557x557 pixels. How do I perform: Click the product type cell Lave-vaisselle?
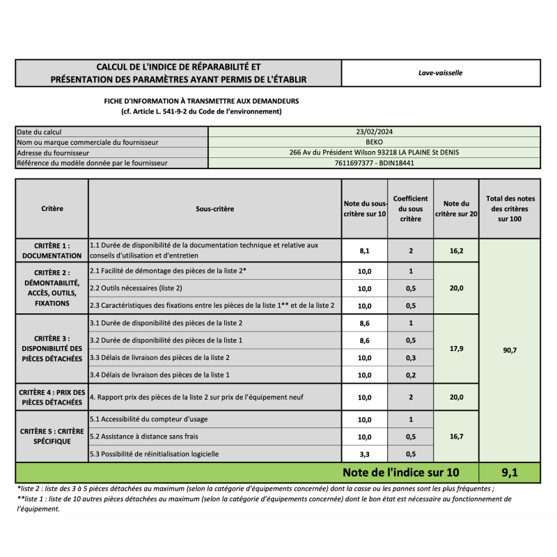pos(440,72)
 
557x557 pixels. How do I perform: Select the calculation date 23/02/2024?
pos(374,132)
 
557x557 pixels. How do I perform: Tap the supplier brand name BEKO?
pos(374,142)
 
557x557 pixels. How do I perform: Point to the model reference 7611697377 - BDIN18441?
pos(374,163)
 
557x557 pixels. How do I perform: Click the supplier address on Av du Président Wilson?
pos(374,152)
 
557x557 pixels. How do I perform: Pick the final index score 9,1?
pos(510,472)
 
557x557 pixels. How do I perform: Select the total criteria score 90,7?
pos(510,350)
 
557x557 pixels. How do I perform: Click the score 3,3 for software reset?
pos(364,454)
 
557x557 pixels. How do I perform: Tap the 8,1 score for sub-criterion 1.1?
pos(364,251)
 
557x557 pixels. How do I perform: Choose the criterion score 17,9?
pos(456,349)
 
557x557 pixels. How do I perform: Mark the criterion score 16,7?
pos(456,437)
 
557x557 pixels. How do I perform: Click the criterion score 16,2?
pos(456,251)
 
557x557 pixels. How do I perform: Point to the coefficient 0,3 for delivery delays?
pos(411,358)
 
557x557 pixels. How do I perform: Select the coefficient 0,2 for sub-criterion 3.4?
pos(411,375)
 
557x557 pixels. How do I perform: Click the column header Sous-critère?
pos(214,209)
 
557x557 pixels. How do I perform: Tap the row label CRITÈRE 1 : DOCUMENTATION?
pos(52,251)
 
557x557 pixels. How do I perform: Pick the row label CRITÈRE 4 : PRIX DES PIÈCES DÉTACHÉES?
pos(52,397)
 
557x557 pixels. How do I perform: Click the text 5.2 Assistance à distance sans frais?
pos(143,437)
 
